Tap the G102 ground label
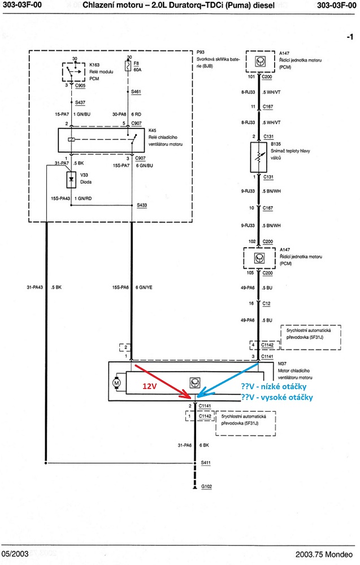point(208,486)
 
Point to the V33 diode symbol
point(71,179)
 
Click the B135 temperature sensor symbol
point(258,157)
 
